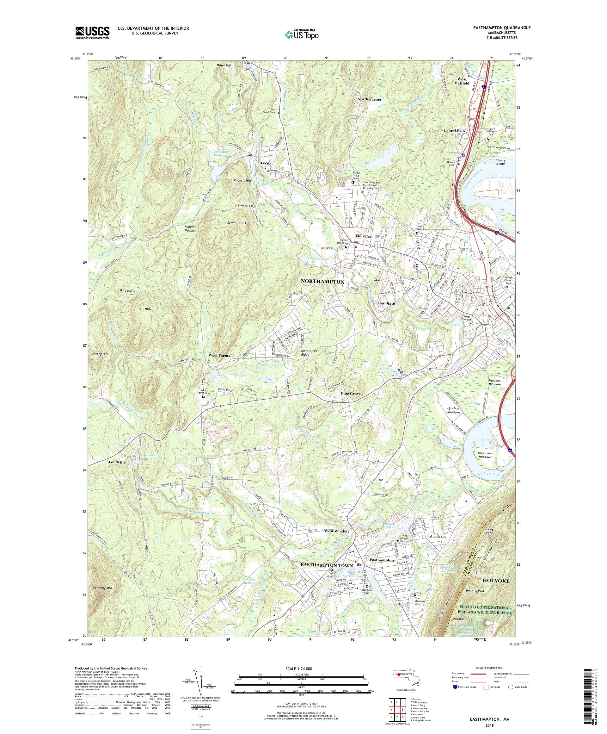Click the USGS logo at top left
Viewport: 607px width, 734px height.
(92, 33)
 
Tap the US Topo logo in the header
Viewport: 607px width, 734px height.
(302, 34)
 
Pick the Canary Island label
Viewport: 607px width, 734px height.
(500, 162)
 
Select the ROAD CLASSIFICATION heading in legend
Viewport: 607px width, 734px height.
(489, 668)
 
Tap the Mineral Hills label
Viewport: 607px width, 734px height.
(154, 309)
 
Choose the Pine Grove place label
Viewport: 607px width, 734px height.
(351, 394)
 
